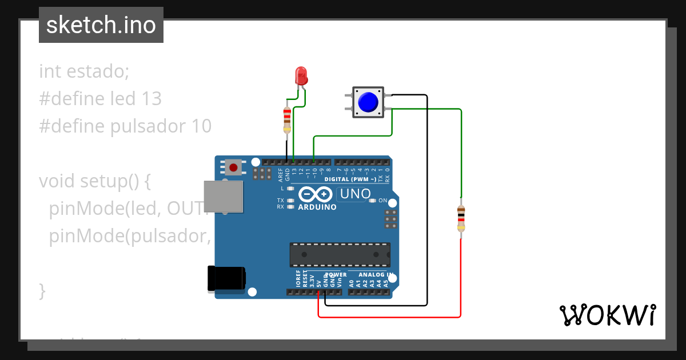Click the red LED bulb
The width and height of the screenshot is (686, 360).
click(x=301, y=76)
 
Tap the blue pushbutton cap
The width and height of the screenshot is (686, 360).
click(x=368, y=102)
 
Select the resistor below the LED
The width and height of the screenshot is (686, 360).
click(x=287, y=118)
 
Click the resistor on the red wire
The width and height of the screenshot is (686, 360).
click(x=461, y=219)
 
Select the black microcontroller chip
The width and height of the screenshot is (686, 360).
click(x=340, y=255)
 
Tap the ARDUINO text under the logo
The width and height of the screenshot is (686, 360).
click(x=318, y=207)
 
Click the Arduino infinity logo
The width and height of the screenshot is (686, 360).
click(x=315, y=194)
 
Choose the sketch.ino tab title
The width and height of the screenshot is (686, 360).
click(x=101, y=25)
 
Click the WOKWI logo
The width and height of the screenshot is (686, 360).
click(x=607, y=315)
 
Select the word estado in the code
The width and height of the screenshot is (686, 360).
click(x=98, y=71)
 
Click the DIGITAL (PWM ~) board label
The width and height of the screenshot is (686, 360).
click(x=350, y=179)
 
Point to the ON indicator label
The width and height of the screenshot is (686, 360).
click(x=383, y=201)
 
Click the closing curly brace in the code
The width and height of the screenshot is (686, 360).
click(x=42, y=290)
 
